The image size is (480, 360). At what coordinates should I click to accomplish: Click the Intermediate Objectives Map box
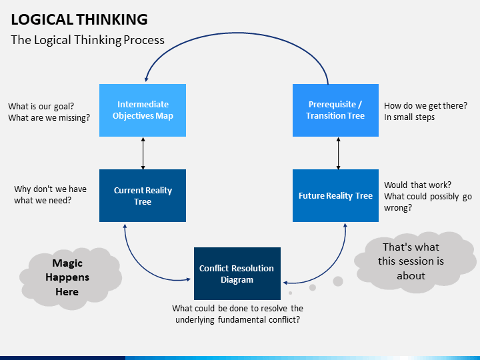tap(143, 110)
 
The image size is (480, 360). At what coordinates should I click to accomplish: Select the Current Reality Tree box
tap(143, 195)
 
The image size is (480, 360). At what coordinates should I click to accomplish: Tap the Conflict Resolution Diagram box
tap(237, 274)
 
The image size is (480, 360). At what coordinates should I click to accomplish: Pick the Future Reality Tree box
tap(335, 195)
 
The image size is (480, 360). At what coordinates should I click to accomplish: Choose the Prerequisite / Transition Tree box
tap(335, 110)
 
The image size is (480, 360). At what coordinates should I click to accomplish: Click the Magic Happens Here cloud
tap(71, 278)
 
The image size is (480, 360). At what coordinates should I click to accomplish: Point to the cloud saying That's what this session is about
tap(415, 262)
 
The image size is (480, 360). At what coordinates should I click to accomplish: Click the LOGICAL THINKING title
tap(79, 19)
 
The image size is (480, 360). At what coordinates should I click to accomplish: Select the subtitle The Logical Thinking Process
tap(87, 40)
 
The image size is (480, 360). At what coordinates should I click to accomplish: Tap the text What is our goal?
tap(41, 106)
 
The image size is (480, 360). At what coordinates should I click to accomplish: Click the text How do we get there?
tap(425, 105)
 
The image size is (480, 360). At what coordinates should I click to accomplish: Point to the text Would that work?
tap(417, 185)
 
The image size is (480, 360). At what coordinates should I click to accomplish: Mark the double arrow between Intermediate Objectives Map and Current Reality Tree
tap(143, 153)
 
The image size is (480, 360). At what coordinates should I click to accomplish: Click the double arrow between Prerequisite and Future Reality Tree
tap(338, 153)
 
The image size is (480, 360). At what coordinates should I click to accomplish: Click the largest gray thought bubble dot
tap(338, 281)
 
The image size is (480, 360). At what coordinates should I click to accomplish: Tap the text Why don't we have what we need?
tap(50, 195)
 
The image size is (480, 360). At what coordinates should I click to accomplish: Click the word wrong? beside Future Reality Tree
tap(398, 208)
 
